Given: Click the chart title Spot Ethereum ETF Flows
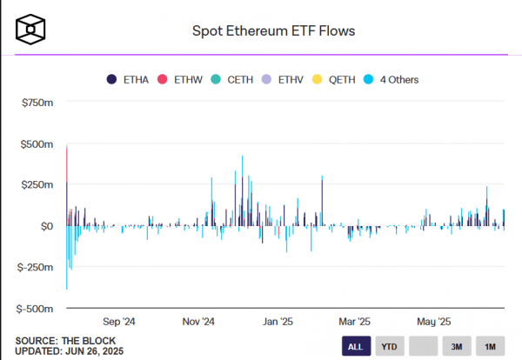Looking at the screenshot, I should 273,31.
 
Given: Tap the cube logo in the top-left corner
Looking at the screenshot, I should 30,30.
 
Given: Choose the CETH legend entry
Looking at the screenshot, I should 232,80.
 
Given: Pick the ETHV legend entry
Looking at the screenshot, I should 284,80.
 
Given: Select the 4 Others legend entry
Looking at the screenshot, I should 391,80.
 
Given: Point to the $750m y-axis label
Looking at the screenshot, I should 37,103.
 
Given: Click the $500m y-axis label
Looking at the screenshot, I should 37,144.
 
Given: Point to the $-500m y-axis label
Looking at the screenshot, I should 35,309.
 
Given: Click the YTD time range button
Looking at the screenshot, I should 390,346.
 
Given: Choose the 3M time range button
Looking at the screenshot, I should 456,346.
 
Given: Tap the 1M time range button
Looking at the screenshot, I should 490,346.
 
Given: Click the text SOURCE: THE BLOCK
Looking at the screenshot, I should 65,340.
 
